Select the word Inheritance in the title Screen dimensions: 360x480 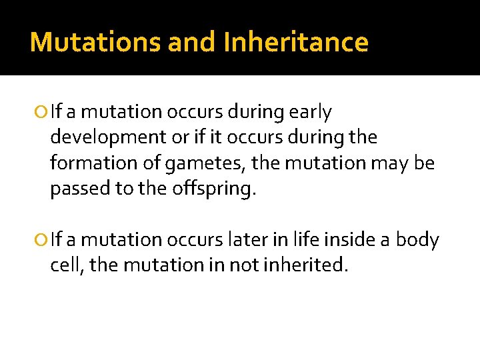coord(296,42)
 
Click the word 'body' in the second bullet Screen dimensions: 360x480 coord(418,240)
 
